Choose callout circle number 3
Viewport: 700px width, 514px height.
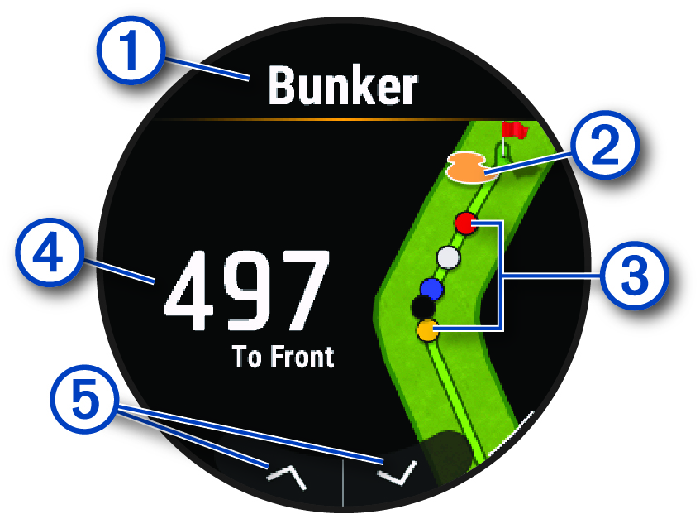[632, 273]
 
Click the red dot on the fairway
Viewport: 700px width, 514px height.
[465, 223]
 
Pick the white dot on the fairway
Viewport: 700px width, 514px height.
[448, 257]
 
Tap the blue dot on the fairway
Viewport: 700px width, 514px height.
[431, 288]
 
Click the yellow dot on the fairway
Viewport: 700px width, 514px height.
[426, 331]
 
